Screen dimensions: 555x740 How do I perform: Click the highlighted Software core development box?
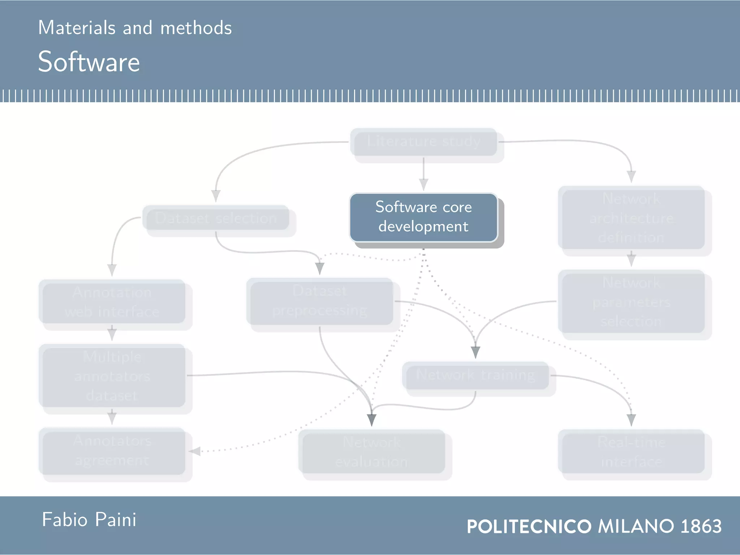tap(423, 217)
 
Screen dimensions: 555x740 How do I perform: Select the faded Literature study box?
tap(423, 141)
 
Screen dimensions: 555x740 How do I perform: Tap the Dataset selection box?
tap(216, 218)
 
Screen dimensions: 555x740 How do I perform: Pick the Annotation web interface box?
tap(112, 302)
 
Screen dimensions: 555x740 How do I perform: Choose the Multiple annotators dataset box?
tap(112, 376)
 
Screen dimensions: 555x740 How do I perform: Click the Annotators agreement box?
tap(112, 451)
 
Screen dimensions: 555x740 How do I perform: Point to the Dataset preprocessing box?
tap(320, 301)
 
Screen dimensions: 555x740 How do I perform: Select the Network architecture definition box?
tap(631, 218)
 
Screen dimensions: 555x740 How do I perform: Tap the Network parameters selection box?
tap(631, 302)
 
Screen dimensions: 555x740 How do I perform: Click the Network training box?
tap(476, 375)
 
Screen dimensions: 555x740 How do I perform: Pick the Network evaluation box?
tap(372, 452)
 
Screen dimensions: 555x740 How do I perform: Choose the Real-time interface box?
tap(631, 452)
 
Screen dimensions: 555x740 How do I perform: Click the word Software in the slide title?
tap(89, 62)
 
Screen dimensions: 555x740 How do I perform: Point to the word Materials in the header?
tap(77, 28)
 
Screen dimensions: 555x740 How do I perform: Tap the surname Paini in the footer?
tap(116, 520)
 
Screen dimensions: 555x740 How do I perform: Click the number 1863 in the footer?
tap(701, 526)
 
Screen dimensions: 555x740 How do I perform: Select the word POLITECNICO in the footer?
tap(529, 526)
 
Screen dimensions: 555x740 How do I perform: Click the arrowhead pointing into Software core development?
tap(423, 185)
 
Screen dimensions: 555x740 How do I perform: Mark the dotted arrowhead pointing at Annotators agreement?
tap(195, 451)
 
